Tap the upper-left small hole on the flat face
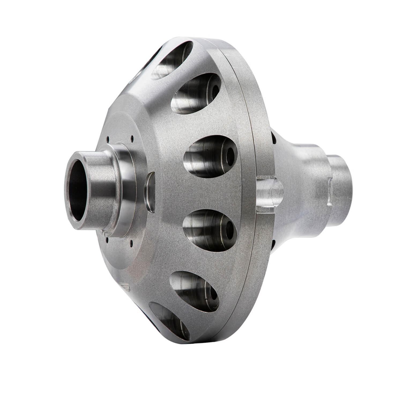(107, 139)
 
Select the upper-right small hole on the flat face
(132, 138)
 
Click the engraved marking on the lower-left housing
(125, 287)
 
